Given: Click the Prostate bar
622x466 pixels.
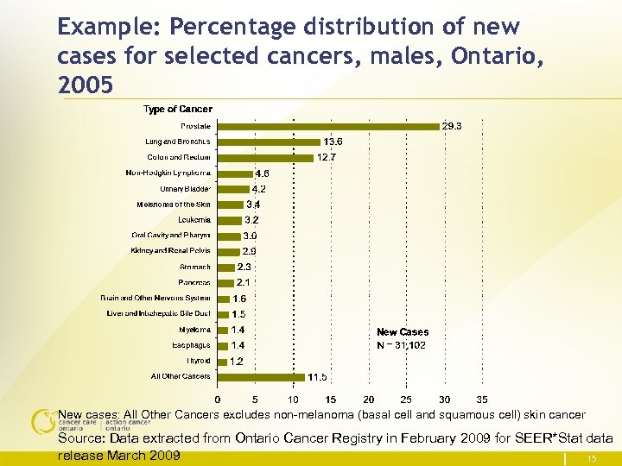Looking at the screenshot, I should [328, 126].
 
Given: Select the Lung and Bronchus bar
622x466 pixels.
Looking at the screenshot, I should [269, 142].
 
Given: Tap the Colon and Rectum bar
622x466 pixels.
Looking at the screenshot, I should [265, 157].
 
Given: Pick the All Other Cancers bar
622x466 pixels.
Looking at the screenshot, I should [261, 376].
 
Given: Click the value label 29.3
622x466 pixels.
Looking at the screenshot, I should [452, 126].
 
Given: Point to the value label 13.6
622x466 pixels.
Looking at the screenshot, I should [333, 142].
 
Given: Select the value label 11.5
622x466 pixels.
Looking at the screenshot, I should [318, 377].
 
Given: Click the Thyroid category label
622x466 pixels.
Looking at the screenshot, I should [198, 361].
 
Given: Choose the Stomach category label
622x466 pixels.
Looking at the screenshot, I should [195, 267].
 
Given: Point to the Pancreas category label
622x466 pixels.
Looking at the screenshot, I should [194, 282].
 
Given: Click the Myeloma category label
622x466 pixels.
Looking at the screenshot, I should [195, 330].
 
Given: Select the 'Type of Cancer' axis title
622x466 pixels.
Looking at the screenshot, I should [177, 109].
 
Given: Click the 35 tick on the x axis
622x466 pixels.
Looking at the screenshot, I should [482, 400].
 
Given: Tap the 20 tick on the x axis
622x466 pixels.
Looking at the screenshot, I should [369, 400].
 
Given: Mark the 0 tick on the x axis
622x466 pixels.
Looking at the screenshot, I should [218, 400].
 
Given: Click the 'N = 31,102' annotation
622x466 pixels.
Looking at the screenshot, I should [401, 345].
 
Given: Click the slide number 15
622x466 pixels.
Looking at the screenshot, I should [592, 457].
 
